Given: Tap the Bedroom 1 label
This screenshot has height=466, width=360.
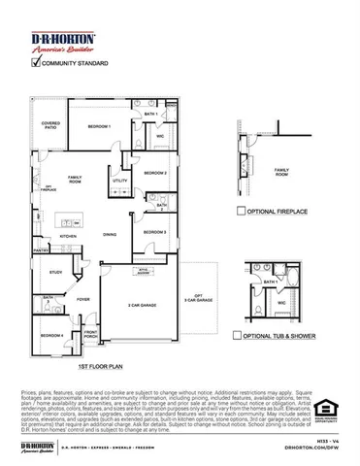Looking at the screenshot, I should [100, 127].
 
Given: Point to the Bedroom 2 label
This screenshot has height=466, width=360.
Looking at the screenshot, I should [157, 174].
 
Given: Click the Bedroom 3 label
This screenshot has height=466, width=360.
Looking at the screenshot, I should [156, 233].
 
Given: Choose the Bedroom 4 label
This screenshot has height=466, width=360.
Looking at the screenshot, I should [52, 335].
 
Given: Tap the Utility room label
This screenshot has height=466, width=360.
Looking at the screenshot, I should [119, 181].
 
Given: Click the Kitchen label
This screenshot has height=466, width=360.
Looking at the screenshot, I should [69, 236].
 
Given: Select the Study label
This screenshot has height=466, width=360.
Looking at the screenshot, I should [55, 273].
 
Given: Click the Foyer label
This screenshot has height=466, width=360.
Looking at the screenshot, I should [83, 300].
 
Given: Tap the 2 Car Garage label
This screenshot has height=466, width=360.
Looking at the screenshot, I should [143, 305].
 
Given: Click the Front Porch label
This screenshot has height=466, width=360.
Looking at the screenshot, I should [90, 335].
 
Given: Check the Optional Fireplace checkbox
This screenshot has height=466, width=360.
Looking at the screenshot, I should [240, 209].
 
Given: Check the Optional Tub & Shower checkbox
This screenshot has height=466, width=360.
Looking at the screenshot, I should [238, 335].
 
